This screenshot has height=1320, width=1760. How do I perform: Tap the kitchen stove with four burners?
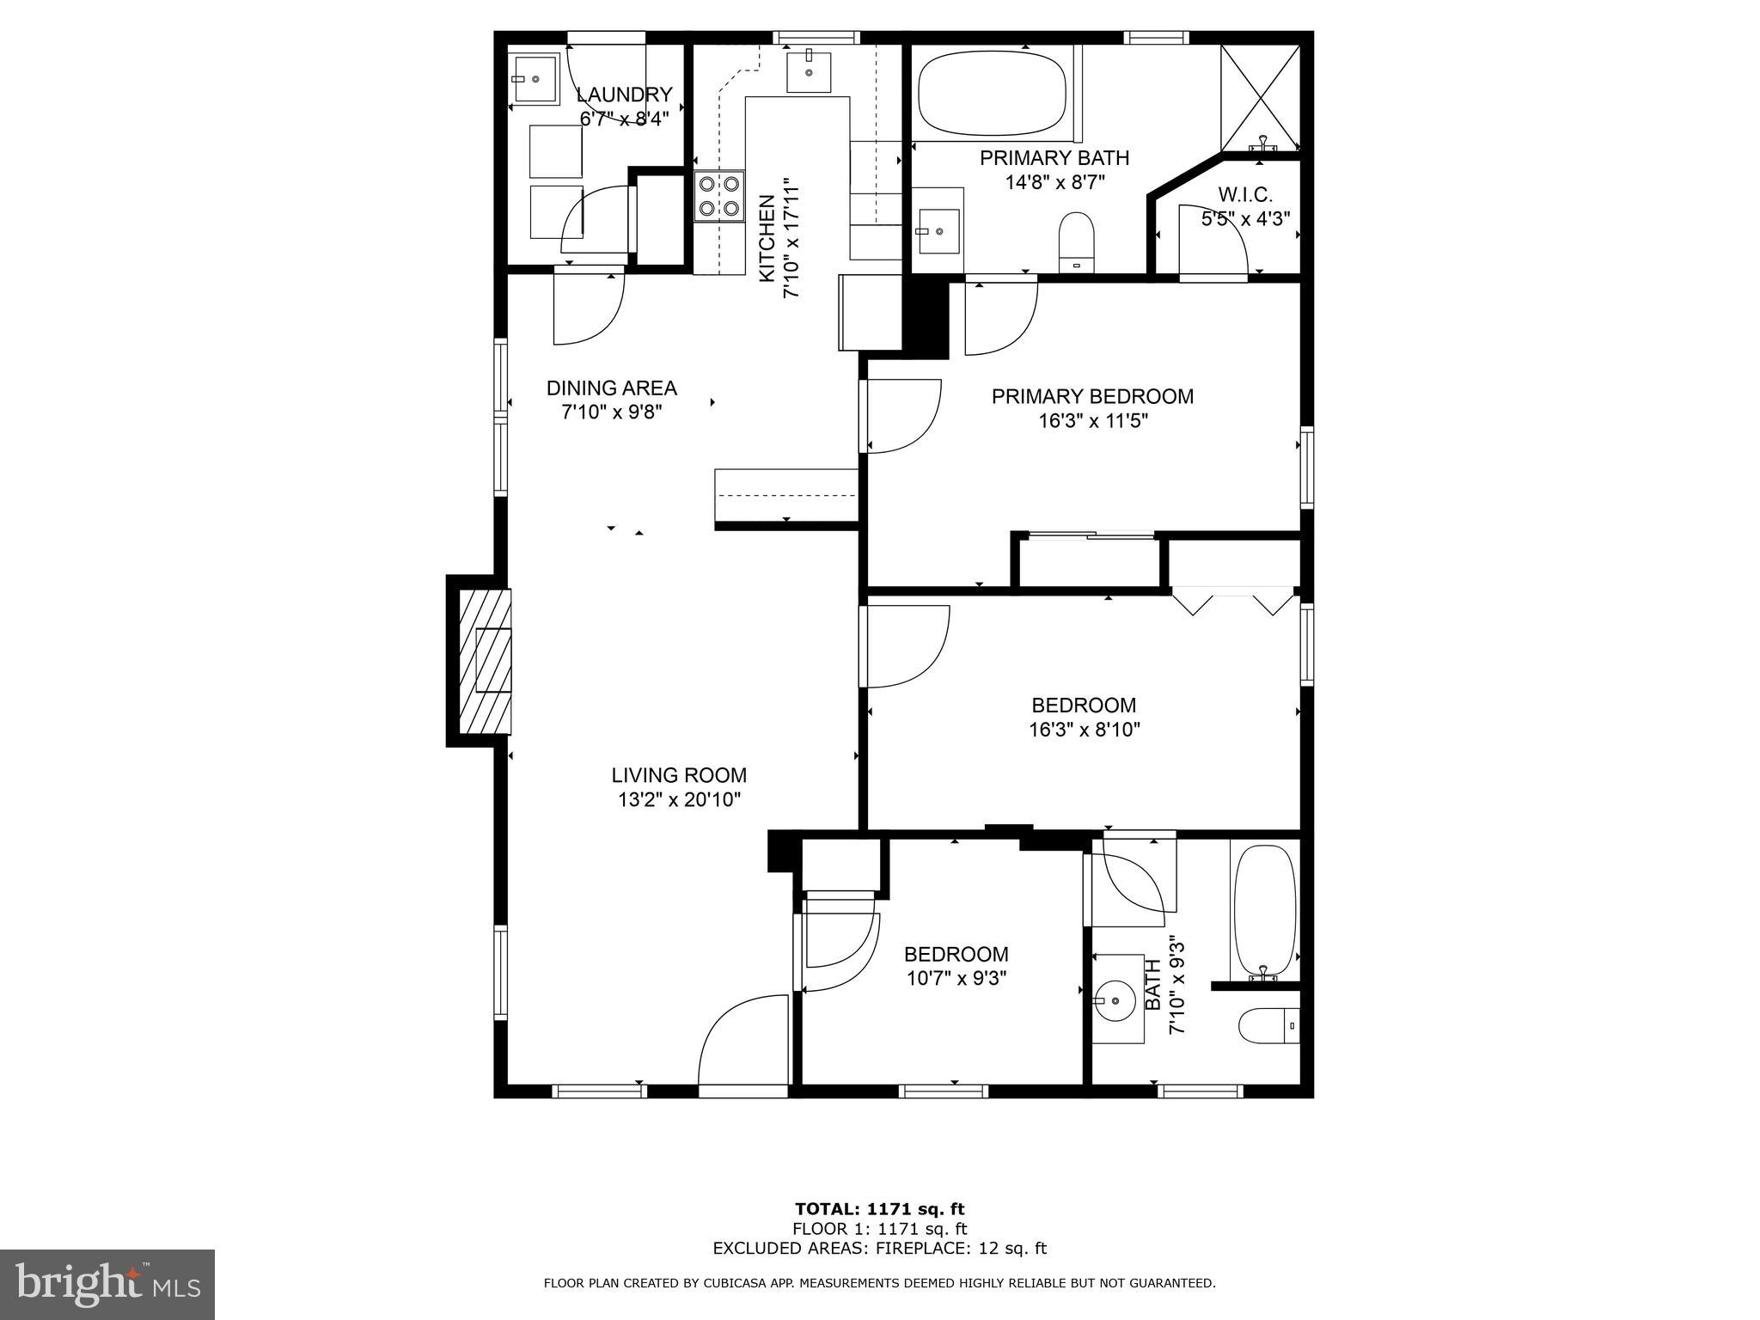coord(719,196)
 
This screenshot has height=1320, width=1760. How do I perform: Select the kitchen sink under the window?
coord(809,72)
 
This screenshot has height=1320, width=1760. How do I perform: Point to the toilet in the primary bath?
coord(1076,242)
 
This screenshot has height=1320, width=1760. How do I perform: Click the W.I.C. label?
coord(1244,195)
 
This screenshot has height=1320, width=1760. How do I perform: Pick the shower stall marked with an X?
coord(1260,96)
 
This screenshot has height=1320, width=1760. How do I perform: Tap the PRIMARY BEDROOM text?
coord(1092,396)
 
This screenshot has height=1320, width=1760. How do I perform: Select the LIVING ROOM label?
coord(679,775)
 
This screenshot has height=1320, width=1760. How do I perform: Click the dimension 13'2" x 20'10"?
coord(679,800)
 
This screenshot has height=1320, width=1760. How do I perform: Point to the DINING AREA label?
coord(611,388)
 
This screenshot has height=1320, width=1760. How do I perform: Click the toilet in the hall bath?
coord(1268,1025)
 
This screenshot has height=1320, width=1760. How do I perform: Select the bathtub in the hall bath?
coord(1264,909)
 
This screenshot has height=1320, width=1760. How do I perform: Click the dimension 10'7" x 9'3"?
coord(956,978)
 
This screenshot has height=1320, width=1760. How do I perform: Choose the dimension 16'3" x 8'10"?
coord(1084,730)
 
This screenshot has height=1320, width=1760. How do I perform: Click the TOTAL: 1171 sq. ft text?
coord(879,1209)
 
